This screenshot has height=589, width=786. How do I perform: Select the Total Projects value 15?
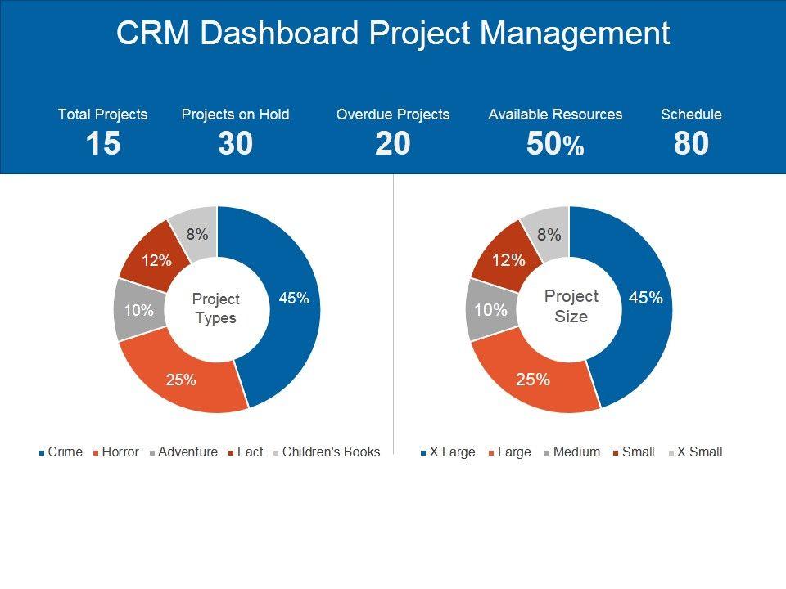pos(103,144)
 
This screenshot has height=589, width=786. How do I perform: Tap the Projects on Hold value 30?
pos(235,144)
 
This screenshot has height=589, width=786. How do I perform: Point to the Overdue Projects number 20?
pos(392,144)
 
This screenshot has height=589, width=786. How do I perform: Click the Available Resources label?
pos(555,115)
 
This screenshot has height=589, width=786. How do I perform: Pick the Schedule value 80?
pos(691,144)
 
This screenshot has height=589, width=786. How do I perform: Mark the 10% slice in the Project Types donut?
pos(138,310)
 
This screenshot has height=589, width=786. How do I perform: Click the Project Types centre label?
pos(216,309)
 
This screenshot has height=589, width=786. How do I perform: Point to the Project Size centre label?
pos(571,306)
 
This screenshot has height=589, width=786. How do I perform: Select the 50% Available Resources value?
pos(555,145)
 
